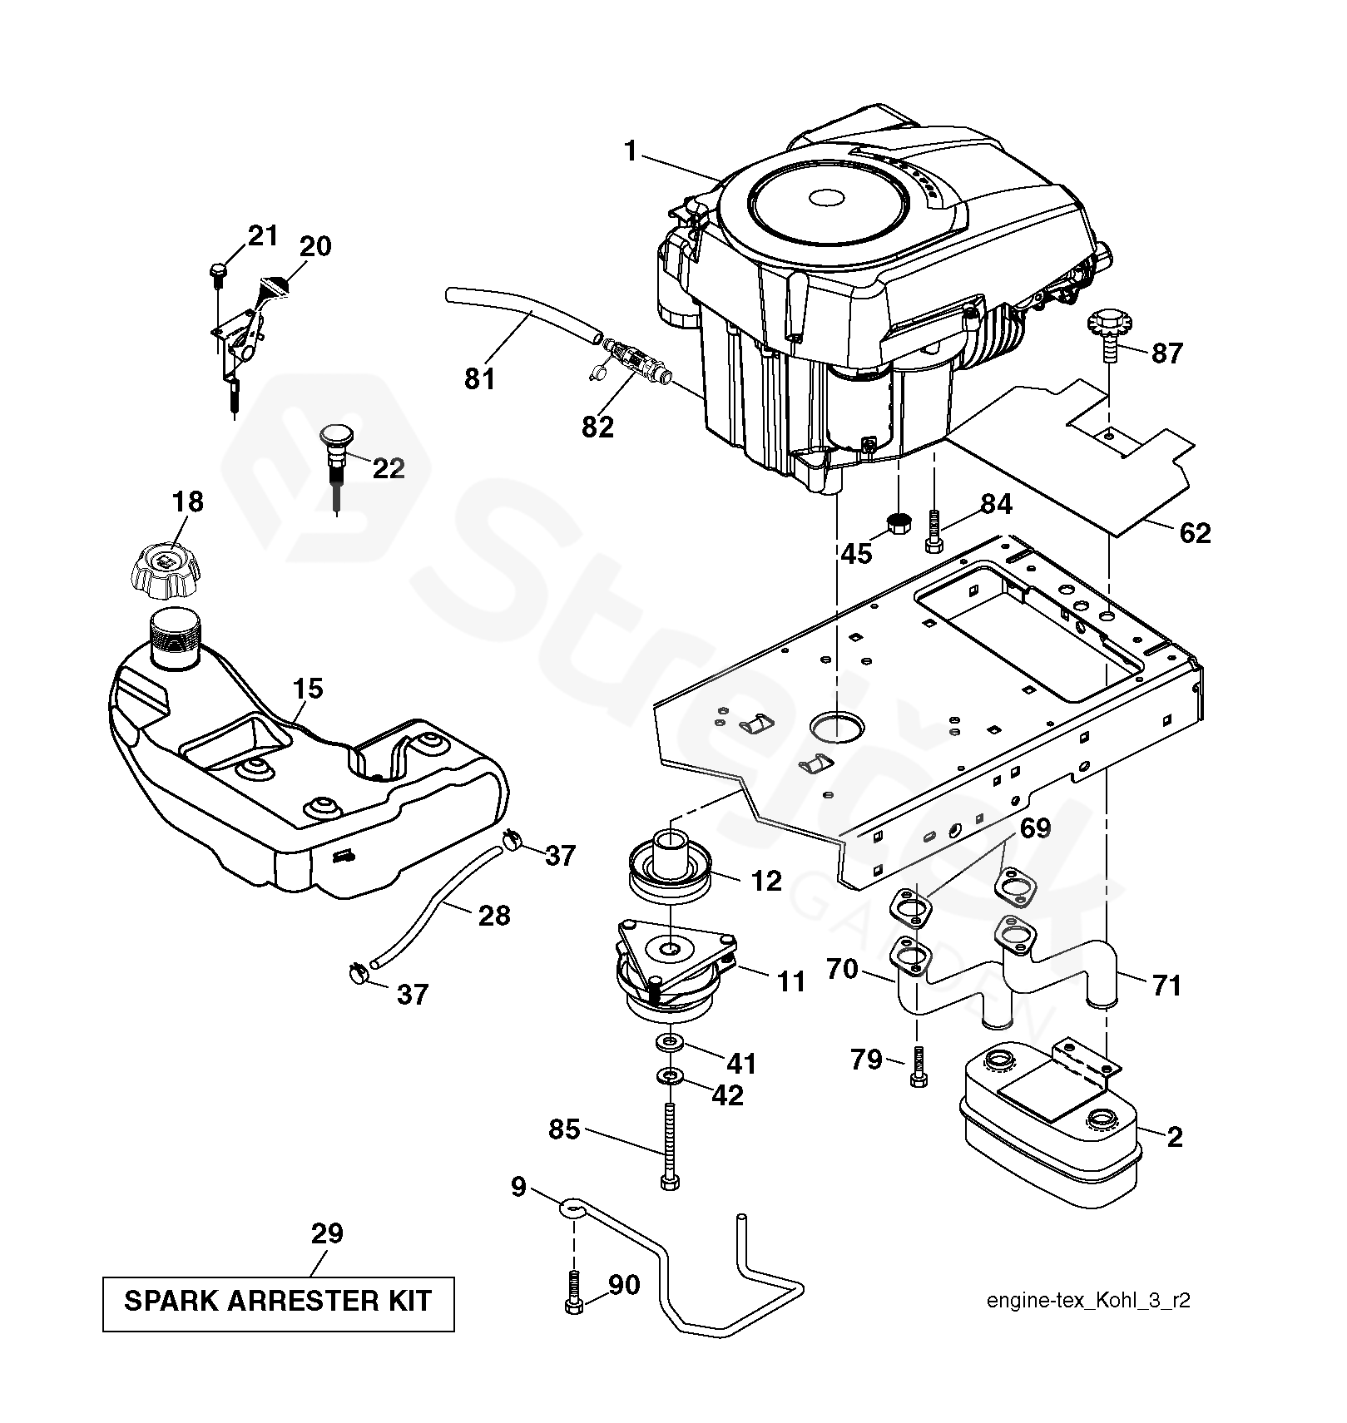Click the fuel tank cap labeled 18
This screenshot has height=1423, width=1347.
coord(167,572)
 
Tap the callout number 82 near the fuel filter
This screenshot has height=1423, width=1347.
coord(597,427)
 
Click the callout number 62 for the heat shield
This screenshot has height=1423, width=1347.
coord(1195,532)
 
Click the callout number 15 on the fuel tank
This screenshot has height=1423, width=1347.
coord(308,689)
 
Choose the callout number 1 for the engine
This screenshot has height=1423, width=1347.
coord(631,151)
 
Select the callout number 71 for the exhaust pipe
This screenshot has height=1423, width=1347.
coord(1166,986)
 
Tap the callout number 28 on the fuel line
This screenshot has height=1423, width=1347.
coord(494,916)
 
